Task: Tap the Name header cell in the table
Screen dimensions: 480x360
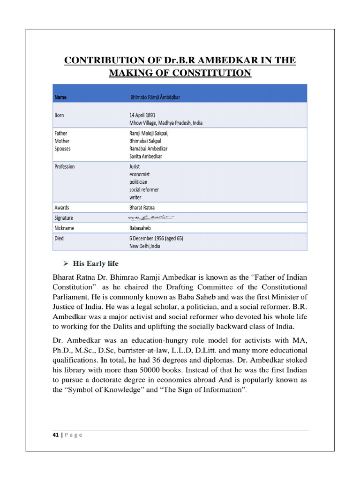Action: click(61, 97)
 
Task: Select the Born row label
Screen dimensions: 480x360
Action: click(60, 114)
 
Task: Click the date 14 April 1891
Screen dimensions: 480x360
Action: click(142, 114)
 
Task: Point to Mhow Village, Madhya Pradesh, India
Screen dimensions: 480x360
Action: click(166, 123)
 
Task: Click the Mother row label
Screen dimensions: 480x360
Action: click(62, 141)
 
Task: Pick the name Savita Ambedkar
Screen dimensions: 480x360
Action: click(146, 157)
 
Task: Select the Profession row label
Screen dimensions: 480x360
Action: click(65, 166)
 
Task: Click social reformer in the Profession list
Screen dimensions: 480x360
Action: click(144, 189)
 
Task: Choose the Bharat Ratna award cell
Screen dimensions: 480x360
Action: click(142, 207)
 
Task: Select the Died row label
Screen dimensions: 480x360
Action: click(59, 238)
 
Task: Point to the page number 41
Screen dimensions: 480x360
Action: click(55, 435)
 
